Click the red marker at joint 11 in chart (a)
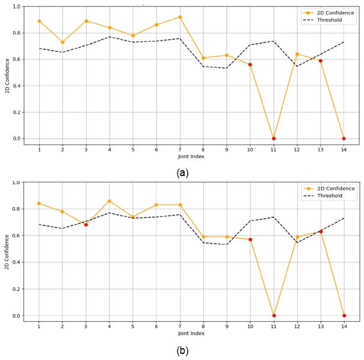coord(274,139)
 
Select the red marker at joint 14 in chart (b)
coord(344,315)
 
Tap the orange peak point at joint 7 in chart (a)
coord(180,17)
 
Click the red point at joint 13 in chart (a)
coord(321,61)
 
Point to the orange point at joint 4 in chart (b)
coord(109,201)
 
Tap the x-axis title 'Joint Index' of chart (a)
coord(191,156)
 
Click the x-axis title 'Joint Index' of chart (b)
coord(191,333)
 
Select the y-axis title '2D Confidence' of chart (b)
coord(8,252)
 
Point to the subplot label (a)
coord(183,173)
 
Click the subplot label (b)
coord(183,350)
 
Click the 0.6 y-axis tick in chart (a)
coord(16,60)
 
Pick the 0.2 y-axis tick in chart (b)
coord(16,289)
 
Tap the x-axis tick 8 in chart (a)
coord(203,149)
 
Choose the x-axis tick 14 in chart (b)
coord(344,326)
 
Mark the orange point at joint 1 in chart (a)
coord(39,21)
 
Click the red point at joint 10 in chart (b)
coord(250,256)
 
